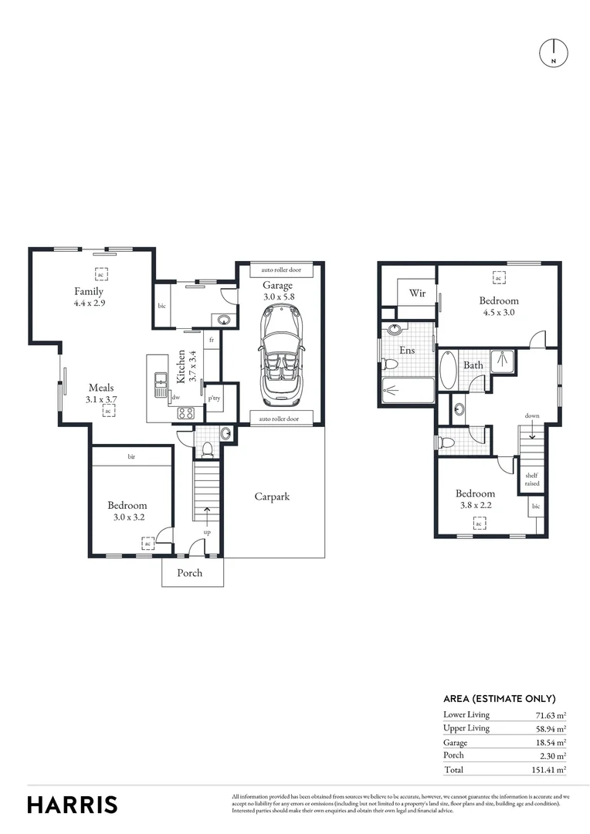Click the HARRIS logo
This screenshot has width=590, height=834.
click(x=73, y=804)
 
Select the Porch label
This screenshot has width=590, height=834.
click(x=190, y=573)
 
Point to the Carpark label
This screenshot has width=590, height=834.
click(x=272, y=497)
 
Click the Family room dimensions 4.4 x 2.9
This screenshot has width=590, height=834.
click(x=89, y=303)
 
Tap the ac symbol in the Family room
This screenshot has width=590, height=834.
click(x=100, y=274)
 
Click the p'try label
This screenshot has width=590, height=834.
click(x=213, y=398)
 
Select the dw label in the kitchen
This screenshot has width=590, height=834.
click(x=176, y=398)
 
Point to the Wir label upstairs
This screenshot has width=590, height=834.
click(x=417, y=293)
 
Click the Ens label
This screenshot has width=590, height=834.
click(x=407, y=350)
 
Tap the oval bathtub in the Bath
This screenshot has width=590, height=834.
click(x=448, y=370)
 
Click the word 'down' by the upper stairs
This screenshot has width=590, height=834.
click(x=532, y=415)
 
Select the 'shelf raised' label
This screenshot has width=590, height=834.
click(x=532, y=480)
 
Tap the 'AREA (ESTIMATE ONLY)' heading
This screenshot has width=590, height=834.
click(x=499, y=698)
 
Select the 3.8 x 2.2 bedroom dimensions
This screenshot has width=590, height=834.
click(x=474, y=507)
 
